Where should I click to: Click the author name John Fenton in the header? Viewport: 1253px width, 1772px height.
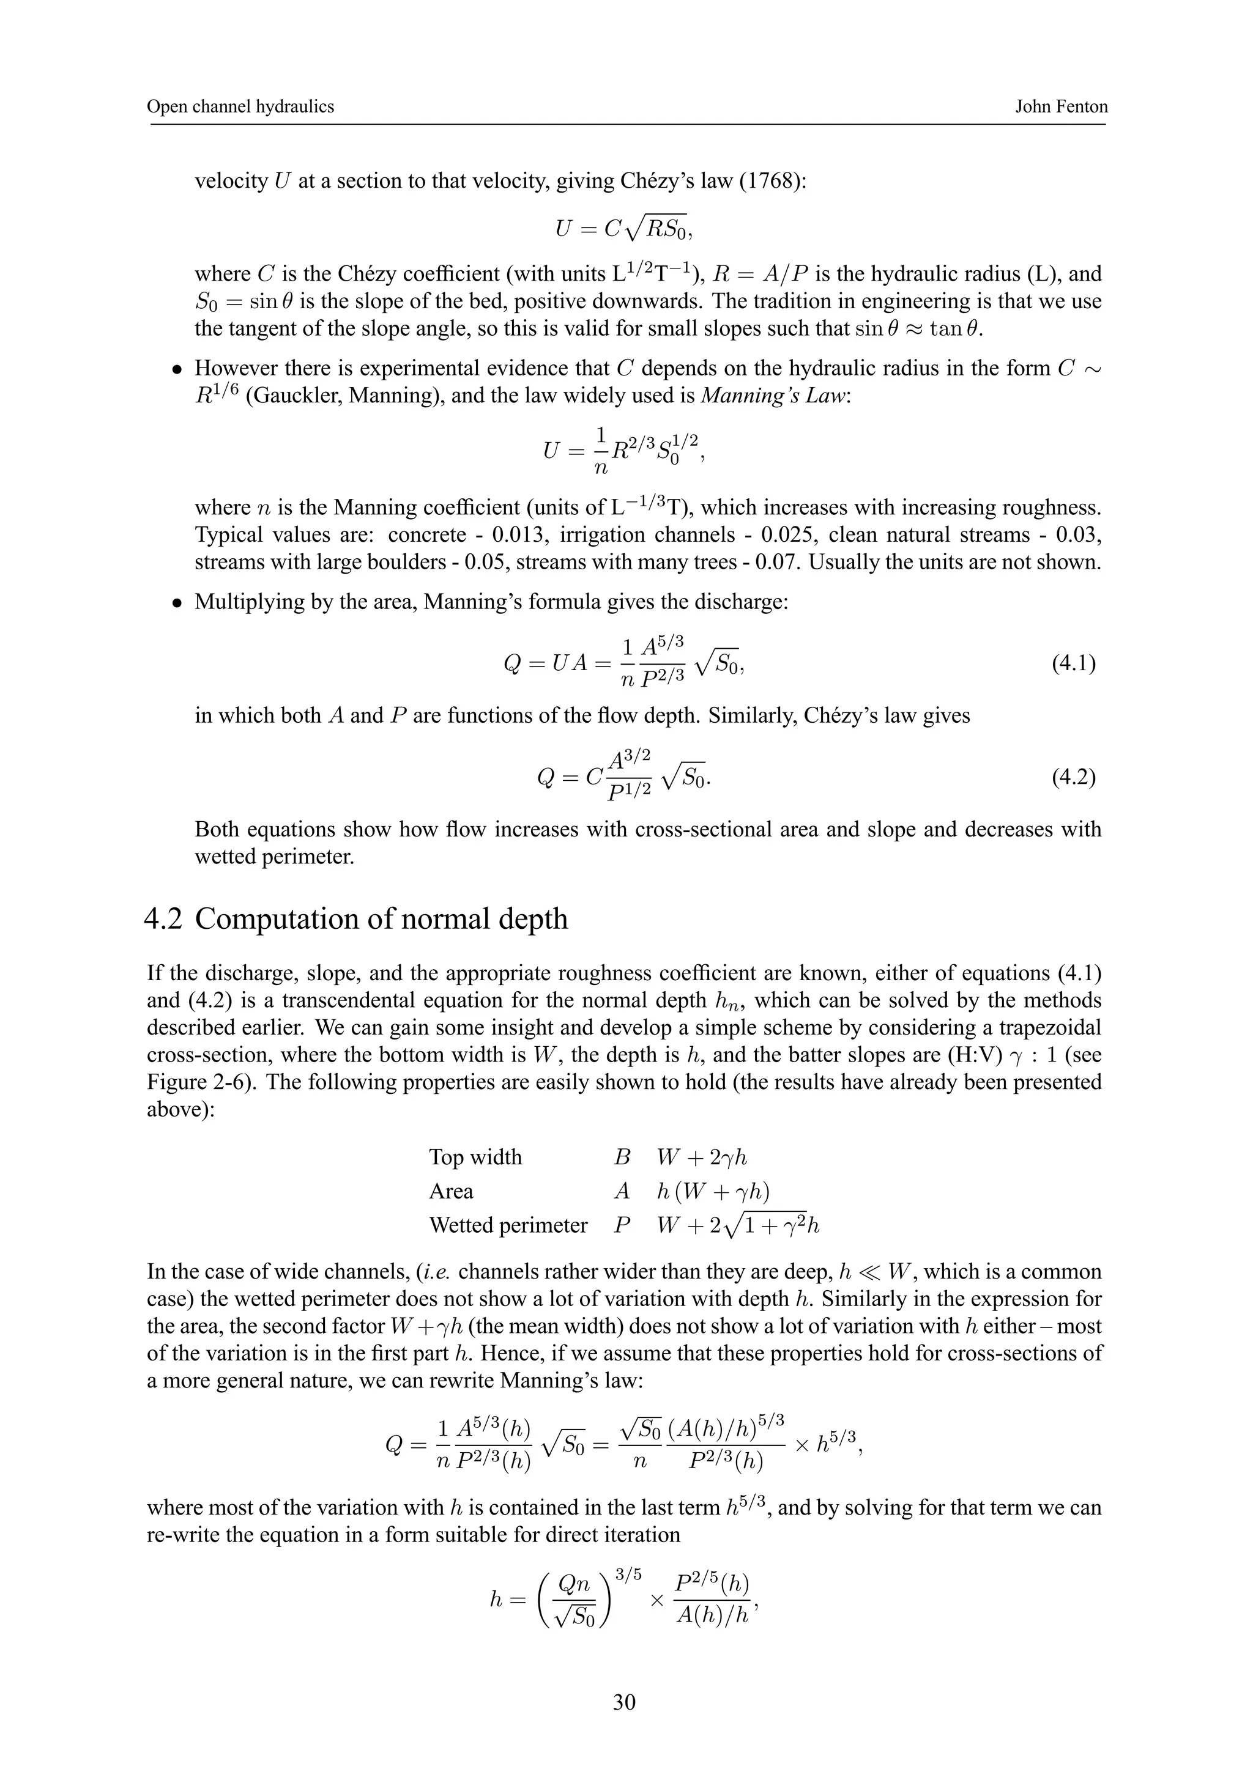1061,107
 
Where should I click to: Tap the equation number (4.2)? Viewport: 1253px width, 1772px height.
1073,777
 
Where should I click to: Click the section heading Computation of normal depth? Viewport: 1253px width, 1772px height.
381,919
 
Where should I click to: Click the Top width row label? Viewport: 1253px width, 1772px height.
475,1157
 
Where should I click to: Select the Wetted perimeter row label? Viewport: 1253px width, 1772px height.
508,1225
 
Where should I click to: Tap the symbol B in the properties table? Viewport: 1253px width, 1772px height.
622,1157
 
